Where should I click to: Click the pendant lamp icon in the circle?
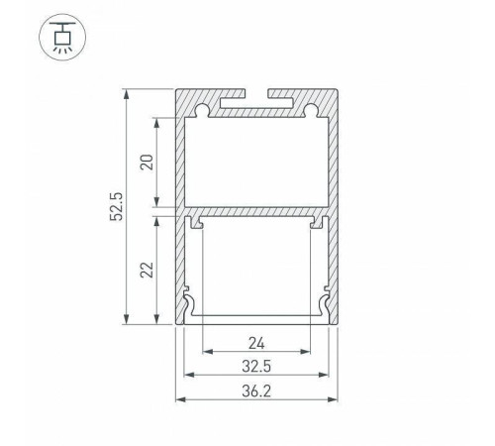pyautogui.click(x=60, y=39)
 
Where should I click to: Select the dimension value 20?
pyautogui.click(x=147, y=163)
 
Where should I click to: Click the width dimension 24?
pyautogui.click(x=256, y=345)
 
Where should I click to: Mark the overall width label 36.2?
pyautogui.click(x=256, y=390)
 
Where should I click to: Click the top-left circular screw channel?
pyautogui.click(x=203, y=106)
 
